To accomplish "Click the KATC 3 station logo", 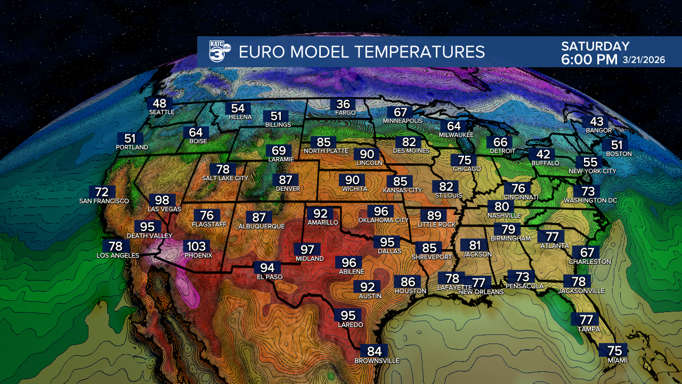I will [220, 52].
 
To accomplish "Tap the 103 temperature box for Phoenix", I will [196, 246].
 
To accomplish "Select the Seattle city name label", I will [161, 112].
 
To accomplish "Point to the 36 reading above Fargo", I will [343, 105].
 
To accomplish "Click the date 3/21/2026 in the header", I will [644, 60].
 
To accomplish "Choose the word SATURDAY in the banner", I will [595, 46].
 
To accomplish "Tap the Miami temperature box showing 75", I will [614, 350].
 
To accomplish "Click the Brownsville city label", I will [377, 361].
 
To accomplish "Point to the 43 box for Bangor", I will [596, 122].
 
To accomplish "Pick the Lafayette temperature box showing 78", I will [452, 278].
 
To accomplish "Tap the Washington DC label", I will [591, 201].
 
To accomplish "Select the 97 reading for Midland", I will [307, 249].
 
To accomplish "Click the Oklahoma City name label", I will [384, 220].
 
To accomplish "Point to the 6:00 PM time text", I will [589, 60].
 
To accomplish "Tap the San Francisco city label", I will [104, 201].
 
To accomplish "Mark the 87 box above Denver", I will [286, 180].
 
